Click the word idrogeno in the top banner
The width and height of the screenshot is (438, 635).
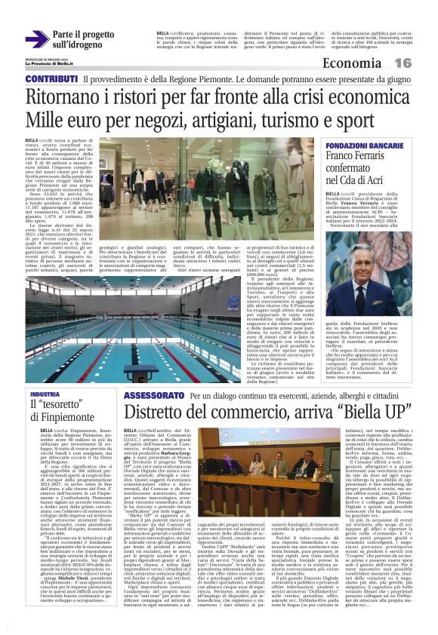pyautogui.click(x=83, y=45)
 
